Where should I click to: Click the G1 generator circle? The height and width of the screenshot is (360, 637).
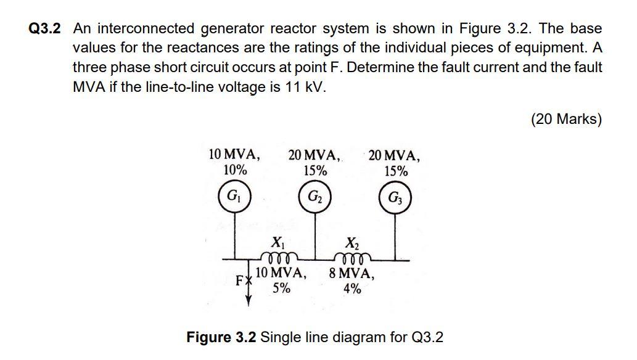coord(233,197)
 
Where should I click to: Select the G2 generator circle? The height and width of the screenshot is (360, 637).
coord(314,197)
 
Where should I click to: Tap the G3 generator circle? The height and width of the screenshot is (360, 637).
coord(394,198)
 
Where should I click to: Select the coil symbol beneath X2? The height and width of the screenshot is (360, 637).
coord(352,256)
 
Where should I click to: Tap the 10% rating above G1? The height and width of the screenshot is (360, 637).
coord(235,170)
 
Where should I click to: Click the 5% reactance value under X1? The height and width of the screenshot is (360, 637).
coord(282,288)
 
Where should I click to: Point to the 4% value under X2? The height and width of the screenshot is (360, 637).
coord(352,288)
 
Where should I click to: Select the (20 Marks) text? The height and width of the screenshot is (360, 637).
coord(565,119)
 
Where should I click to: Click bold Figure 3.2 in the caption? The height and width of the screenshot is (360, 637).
coord(221,337)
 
